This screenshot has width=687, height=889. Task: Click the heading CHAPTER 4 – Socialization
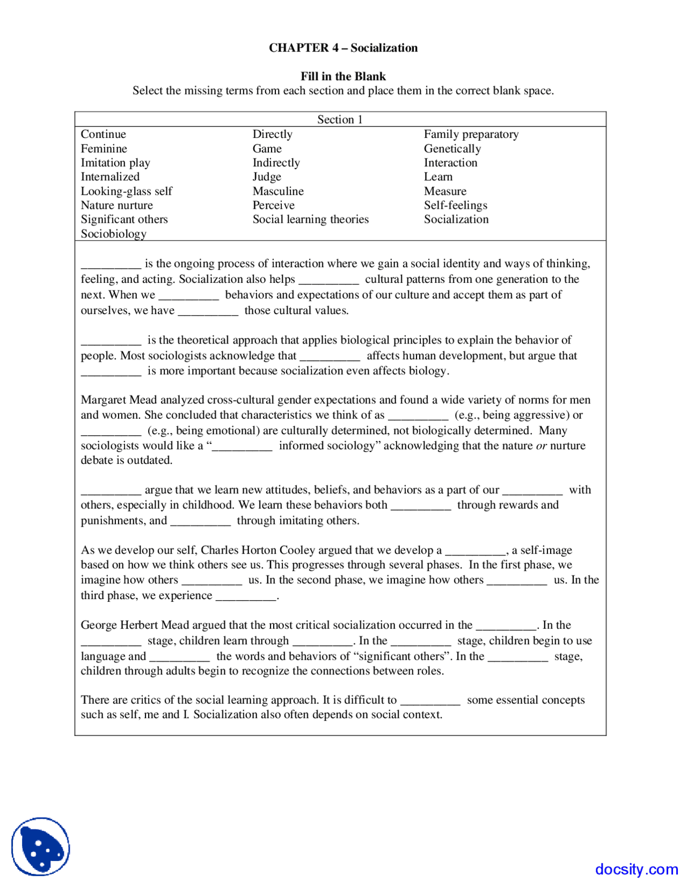(343, 48)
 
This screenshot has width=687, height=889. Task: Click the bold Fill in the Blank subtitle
(343, 76)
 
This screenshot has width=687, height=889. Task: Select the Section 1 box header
(340, 119)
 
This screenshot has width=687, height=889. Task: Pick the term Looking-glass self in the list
(126, 191)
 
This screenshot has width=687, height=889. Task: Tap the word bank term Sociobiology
(113, 234)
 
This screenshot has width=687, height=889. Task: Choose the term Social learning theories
(310, 219)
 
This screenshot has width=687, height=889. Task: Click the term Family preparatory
(471, 134)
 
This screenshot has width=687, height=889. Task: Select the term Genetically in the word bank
(452, 149)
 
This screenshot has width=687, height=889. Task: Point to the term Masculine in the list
(277, 191)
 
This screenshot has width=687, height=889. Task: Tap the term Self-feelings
(455, 205)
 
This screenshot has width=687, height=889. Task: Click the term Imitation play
(115, 163)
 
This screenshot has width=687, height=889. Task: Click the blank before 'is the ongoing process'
(111, 265)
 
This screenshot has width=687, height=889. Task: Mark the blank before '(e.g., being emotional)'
(111, 432)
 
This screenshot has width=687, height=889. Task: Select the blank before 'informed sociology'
(243, 447)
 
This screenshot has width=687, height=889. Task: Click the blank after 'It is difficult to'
(430, 701)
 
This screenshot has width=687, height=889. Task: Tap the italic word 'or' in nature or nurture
(541, 446)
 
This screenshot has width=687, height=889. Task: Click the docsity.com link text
(636, 869)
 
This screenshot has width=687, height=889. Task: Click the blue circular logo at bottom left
(41, 847)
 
